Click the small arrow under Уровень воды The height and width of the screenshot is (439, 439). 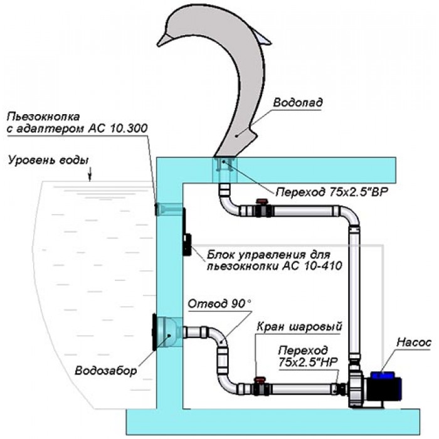(x=90, y=176)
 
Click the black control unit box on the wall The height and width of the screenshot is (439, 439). (x=186, y=234)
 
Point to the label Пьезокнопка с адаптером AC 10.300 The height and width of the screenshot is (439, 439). (x=74, y=123)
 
